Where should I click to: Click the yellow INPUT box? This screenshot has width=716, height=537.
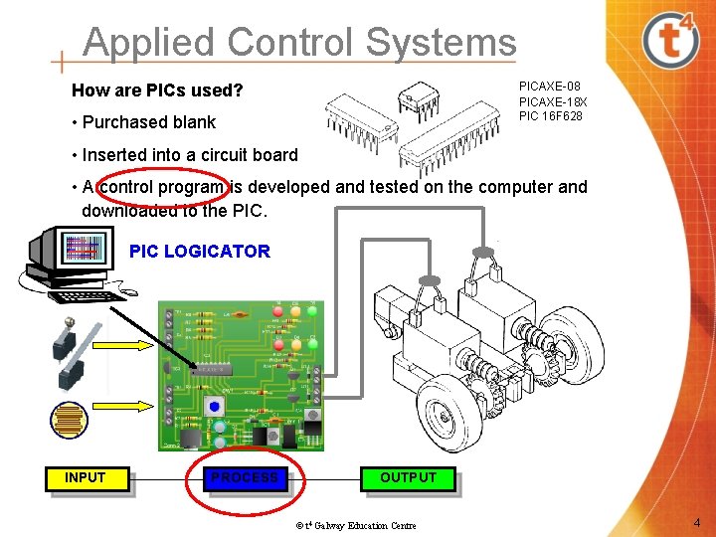pos(85,478)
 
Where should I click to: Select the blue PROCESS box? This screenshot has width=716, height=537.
pos(245,478)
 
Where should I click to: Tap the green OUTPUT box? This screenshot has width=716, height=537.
pos(408,478)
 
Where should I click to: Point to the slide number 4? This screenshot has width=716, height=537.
pos(697,523)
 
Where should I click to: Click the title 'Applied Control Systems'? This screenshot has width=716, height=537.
pos(299,43)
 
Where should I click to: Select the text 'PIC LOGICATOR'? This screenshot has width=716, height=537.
pos(199,252)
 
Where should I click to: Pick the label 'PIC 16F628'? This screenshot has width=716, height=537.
pos(551,116)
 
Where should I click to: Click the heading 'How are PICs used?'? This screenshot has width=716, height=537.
pos(157,91)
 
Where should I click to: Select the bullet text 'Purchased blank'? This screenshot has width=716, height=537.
pos(148,122)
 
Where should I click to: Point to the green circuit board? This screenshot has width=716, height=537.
pos(240,373)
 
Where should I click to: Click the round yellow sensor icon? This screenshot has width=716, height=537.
pos(69,420)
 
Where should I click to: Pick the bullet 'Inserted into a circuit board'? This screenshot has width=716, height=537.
pos(189,154)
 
